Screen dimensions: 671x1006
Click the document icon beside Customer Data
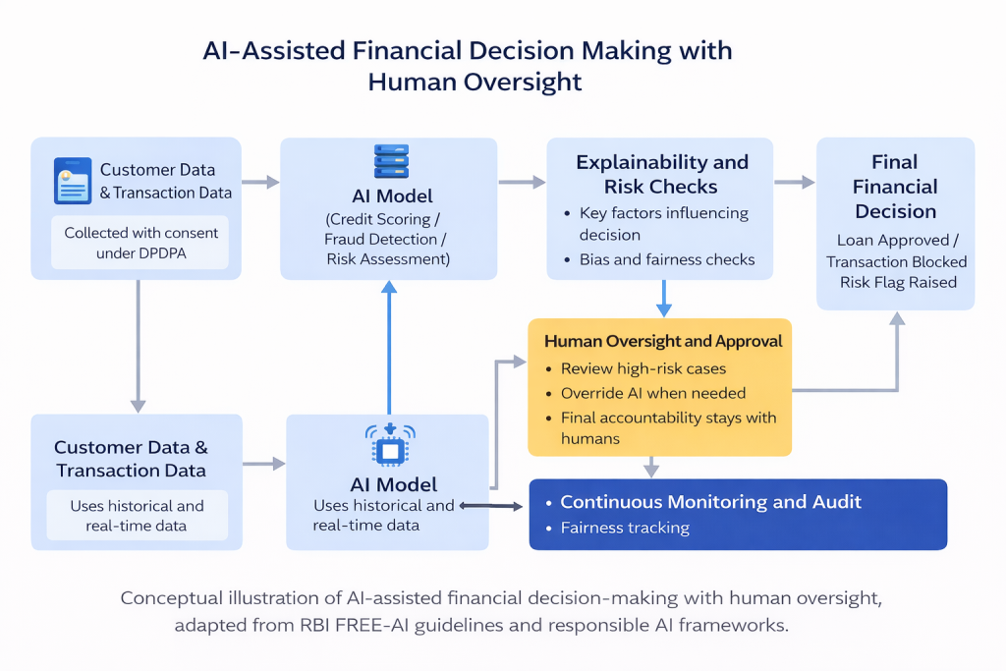(x=72, y=181)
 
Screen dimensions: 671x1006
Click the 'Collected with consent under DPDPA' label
(x=141, y=243)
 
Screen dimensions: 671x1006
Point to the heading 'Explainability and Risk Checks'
(x=662, y=174)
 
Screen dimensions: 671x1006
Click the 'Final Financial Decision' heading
(x=895, y=187)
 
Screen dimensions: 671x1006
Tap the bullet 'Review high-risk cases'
(x=643, y=368)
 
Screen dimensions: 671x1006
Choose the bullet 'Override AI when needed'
(x=653, y=393)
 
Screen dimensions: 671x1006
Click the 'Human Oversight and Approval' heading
(x=663, y=341)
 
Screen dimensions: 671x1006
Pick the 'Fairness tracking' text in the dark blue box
(x=625, y=528)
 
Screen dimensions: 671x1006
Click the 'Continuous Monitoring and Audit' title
(x=710, y=502)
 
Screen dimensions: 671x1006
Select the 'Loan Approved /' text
(x=893, y=240)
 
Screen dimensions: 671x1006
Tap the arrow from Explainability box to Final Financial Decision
(x=794, y=182)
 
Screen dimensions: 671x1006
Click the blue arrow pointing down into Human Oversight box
(x=663, y=297)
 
